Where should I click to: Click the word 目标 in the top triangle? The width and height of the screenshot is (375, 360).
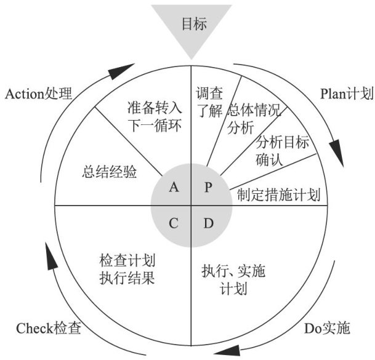pos(192,24)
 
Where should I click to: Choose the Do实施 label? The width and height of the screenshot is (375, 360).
pos(327,328)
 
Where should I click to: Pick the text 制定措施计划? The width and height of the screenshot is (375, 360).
pos(278,196)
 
